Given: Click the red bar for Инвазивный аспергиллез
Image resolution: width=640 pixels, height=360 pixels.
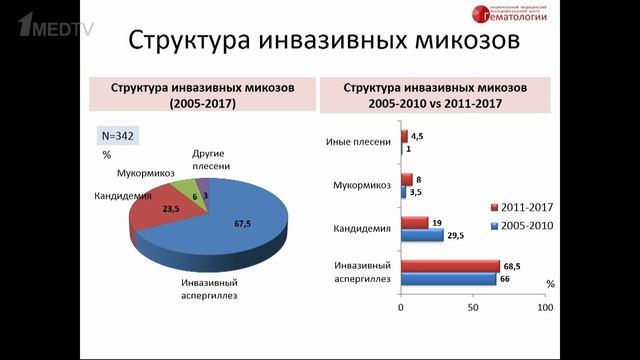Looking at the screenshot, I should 450,266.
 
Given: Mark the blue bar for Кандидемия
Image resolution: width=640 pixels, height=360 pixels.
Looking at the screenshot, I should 422,235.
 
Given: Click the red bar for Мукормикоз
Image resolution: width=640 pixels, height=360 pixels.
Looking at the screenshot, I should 406,180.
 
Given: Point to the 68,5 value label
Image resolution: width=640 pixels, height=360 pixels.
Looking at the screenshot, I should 517,266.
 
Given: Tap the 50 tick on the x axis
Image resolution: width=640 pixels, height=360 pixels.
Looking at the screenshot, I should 473,308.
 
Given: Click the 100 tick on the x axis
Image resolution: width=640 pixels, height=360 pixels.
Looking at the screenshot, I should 545,308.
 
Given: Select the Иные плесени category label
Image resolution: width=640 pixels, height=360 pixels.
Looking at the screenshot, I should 358,141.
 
